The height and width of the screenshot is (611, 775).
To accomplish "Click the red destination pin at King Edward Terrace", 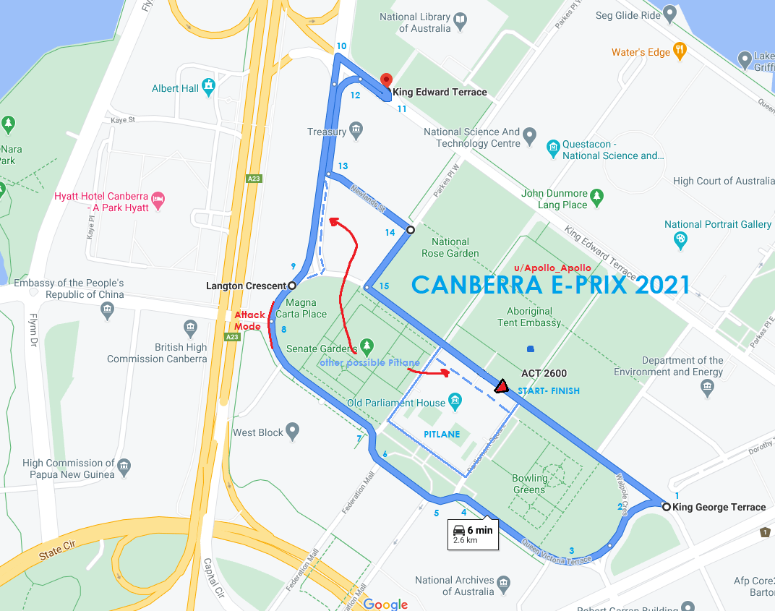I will click(x=386, y=81).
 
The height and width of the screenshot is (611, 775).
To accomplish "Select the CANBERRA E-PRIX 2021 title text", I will click(x=550, y=284).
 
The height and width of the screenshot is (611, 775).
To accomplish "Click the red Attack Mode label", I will click(x=249, y=320).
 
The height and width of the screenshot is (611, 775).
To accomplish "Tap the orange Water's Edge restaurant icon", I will click(x=679, y=51).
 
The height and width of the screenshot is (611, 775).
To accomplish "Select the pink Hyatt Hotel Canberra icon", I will click(x=158, y=197).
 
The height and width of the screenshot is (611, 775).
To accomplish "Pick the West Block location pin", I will click(x=293, y=432).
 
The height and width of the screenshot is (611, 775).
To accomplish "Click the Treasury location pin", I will click(x=356, y=131).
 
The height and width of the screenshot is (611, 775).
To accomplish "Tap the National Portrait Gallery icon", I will click(x=680, y=239).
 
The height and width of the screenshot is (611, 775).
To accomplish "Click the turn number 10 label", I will click(x=341, y=46).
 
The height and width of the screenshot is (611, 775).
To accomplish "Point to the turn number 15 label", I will click(x=384, y=286).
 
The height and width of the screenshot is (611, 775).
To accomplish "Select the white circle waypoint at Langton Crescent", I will click(x=292, y=286).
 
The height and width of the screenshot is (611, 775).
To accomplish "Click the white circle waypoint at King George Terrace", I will click(x=666, y=507).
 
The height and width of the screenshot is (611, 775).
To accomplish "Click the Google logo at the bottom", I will click(x=385, y=604).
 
